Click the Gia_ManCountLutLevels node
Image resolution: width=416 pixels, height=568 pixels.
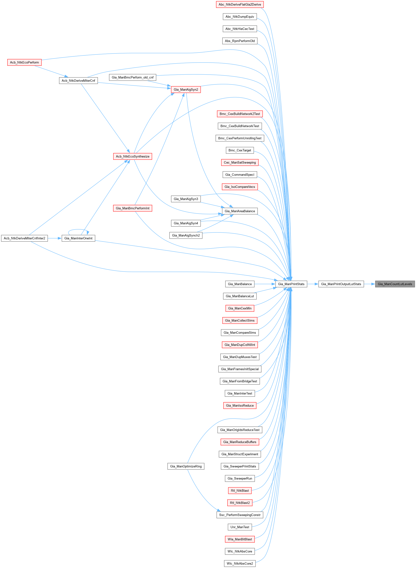click(395, 284)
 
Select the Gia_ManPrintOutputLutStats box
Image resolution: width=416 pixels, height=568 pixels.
click(341, 284)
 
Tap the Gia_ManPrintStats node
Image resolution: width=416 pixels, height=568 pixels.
click(291, 284)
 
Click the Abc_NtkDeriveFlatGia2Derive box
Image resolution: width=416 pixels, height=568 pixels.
click(240, 5)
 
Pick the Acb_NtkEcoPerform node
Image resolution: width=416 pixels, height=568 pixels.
click(24, 62)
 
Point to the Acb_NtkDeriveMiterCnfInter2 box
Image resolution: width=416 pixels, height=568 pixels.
click(24, 238)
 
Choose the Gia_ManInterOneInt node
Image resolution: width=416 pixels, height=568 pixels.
click(78, 238)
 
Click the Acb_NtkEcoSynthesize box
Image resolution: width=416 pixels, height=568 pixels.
click(133, 156)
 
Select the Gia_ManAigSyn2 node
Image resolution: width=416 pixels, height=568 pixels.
click(186, 89)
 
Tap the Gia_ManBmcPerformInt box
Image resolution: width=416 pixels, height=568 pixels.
click(133, 208)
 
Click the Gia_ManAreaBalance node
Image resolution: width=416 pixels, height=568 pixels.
click(240, 211)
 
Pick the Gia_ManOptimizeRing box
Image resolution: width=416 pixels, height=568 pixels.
click(186, 466)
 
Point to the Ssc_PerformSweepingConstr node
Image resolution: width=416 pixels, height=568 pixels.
click(240, 515)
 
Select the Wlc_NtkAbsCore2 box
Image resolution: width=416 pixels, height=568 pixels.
click(240, 563)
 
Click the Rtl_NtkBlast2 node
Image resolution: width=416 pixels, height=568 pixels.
click(240, 503)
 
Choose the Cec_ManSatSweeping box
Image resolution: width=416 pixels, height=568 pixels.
click(240, 162)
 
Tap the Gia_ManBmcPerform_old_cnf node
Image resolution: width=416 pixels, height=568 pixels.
click(133, 77)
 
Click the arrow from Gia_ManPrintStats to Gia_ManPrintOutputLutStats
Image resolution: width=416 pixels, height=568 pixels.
click(313, 284)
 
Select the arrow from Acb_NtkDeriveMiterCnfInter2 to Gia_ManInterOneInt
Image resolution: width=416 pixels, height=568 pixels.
click(55, 238)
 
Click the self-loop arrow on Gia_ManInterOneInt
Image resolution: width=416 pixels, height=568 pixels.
click(78, 229)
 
